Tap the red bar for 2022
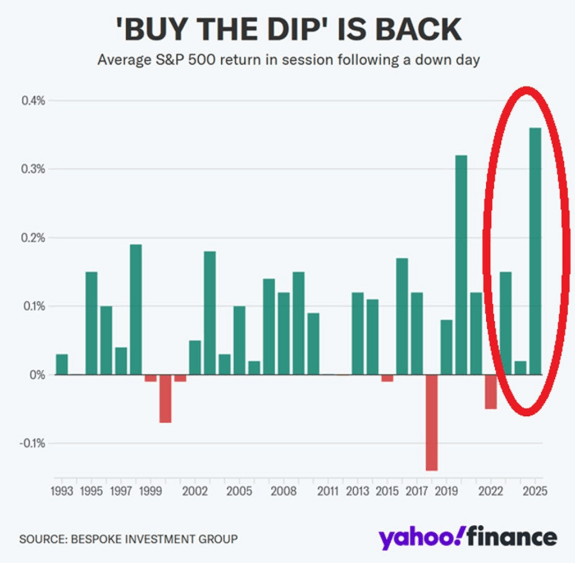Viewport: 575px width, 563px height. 491,392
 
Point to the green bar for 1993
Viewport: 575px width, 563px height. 62,364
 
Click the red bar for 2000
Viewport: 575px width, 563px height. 165,398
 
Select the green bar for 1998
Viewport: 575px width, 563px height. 135,310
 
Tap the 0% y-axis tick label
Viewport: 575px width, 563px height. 36,375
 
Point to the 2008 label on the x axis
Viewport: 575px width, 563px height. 283,492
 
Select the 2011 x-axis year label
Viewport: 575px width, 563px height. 327,492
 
